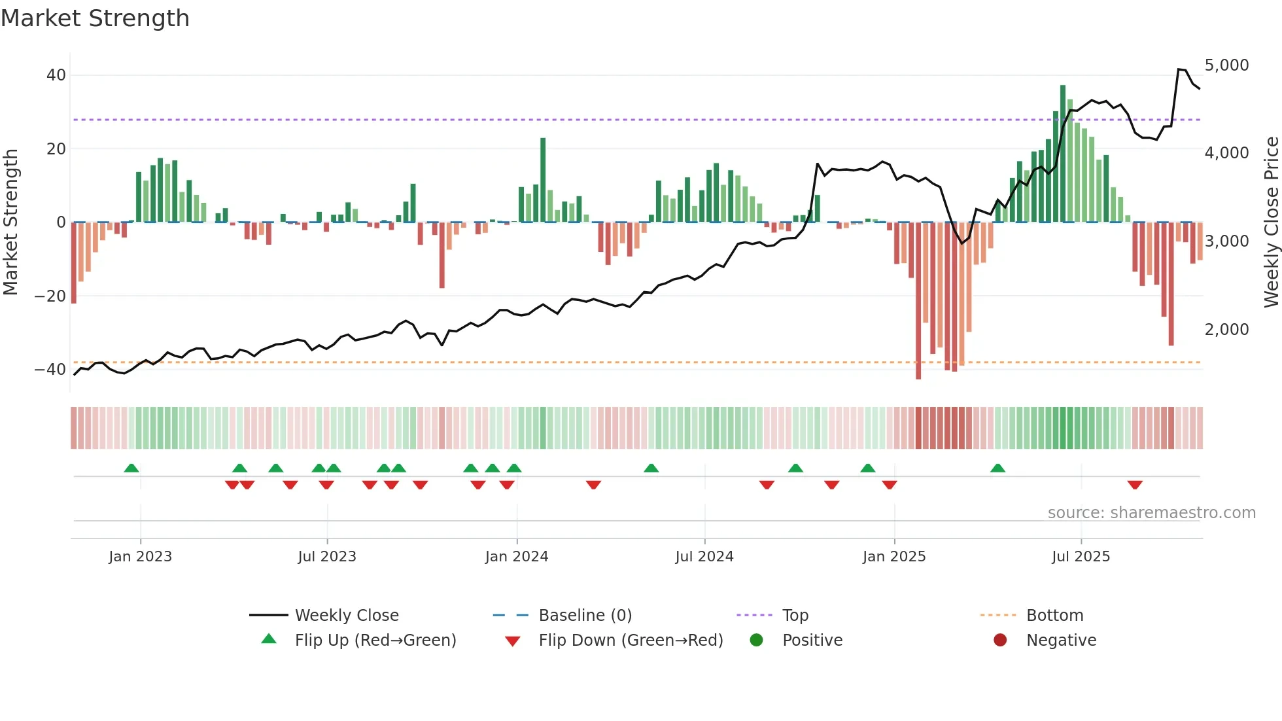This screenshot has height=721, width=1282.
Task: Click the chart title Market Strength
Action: [95, 18]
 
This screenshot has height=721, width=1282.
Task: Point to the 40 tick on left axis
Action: [56, 75]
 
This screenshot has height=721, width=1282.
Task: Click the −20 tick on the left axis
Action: [50, 296]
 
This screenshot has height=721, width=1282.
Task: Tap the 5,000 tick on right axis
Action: [1226, 65]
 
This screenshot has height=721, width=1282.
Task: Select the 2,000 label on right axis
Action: [1226, 330]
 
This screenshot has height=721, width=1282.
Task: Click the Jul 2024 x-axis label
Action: [704, 557]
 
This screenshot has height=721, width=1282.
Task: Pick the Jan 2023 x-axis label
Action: [140, 557]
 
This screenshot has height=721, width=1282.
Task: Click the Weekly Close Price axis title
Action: [1271, 222]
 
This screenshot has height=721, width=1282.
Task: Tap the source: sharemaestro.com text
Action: [1151, 513]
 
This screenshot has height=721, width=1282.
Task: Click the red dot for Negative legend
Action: [1000, 641]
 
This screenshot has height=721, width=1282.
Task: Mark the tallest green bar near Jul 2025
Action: [1063, 154]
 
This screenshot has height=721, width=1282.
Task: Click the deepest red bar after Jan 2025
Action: [918, 301]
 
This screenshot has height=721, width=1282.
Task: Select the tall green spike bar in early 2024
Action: [543, 180]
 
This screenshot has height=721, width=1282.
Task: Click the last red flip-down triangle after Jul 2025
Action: [1135, 485]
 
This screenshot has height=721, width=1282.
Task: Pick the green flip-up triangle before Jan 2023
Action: [131, 468]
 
